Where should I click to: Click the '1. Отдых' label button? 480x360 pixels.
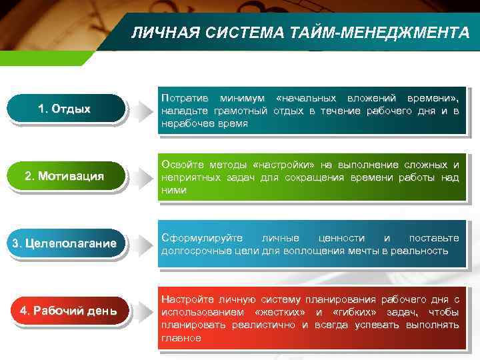pos(65,109)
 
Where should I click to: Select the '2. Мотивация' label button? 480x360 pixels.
pos(65,177)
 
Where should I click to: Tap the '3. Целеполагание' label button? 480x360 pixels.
pos(65,243)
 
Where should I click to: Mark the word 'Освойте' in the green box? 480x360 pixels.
pos(179,165)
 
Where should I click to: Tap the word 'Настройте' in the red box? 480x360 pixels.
pos(184,299)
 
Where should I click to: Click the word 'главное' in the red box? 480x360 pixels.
pos(180,338)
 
